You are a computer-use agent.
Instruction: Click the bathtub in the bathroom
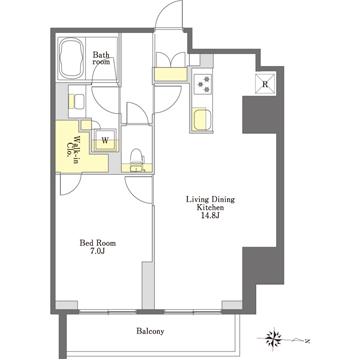tap(72, 58)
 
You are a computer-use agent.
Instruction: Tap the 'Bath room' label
tap(101, 57)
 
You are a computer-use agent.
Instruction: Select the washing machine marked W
tap(105, 140)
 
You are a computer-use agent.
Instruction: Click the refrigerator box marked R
tap(265, 84)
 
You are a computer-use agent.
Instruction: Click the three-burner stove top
tap(204, 84)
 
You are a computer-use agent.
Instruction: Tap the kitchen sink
tap(201, 119)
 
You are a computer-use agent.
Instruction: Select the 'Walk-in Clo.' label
tap(73, 149)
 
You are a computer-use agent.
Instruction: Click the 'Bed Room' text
tap(97, 243)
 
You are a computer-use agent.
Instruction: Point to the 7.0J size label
tap(98, 251)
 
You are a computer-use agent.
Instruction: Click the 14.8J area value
tap(210, 215)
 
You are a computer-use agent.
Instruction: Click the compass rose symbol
tap(274, 339)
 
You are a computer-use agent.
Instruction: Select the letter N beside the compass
tap(308, 341)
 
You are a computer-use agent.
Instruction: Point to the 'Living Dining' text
tap(210, 200)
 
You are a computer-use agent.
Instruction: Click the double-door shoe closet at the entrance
tap(171, 67)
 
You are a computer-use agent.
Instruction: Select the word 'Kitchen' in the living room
tap(210, 207)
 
